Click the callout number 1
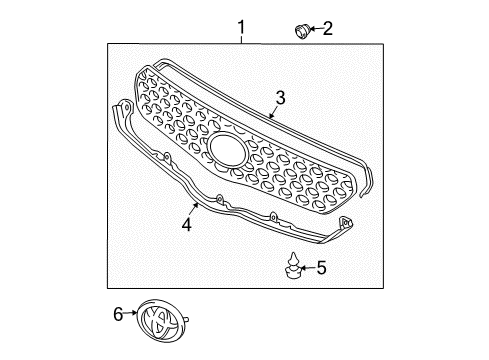pos(241,19)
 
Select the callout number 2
pos(327,29)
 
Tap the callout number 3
pos(281,98)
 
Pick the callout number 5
pos(320,267)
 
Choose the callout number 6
pos(118,314)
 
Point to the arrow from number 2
pos(314,30)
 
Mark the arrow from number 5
pos(306,267)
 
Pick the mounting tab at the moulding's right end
pos(346,226)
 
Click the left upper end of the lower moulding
pos(122,104)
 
